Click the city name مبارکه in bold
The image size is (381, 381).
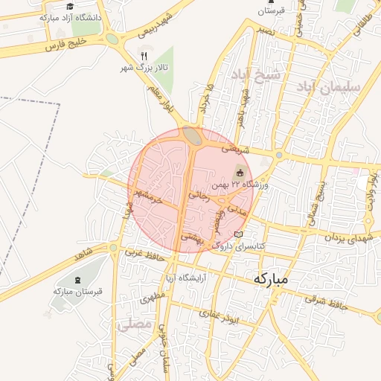[270, 279]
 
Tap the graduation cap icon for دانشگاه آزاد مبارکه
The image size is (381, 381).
[70, 7]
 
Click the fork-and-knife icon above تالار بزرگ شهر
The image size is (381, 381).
[144, 55]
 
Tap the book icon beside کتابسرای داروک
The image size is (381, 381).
[238, 234]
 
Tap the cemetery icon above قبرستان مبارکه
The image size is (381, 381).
[78, 280]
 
